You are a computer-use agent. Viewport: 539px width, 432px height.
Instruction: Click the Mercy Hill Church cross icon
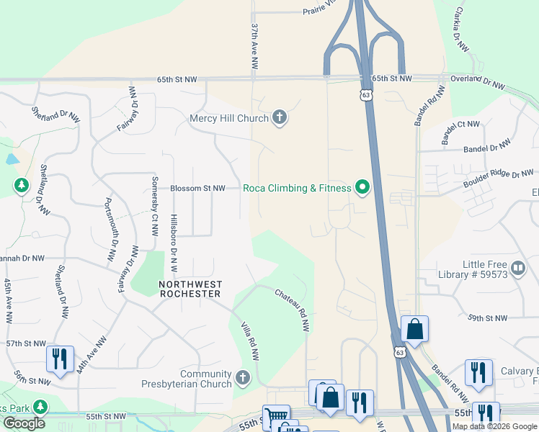(x=280, y=118)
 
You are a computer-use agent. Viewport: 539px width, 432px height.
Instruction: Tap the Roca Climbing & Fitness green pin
(x=362, y=189)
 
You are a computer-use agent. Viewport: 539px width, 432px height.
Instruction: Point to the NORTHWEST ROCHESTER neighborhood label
(x=190, y=289)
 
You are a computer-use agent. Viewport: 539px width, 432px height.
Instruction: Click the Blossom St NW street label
(x=197, y=189)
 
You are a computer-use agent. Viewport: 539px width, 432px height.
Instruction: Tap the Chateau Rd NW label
(x=293, y=310)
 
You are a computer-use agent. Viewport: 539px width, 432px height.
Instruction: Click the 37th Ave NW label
(x=254, y=45)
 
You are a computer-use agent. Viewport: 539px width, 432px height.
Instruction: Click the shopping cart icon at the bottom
(x=275, y=417)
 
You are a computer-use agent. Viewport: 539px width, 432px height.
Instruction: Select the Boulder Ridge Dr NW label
(x=500, y=175)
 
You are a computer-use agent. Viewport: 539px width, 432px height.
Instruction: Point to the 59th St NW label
(x=487, y=318)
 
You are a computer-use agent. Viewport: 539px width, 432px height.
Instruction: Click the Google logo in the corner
(x=24, y=423)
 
